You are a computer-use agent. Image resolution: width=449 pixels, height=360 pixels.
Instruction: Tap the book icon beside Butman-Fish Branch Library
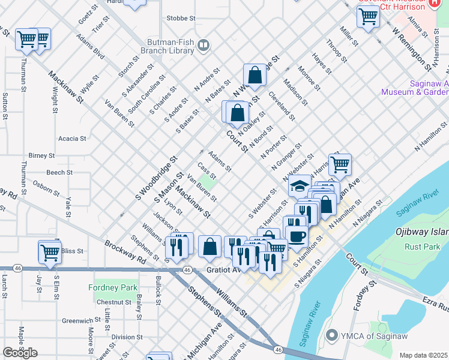[204, 44]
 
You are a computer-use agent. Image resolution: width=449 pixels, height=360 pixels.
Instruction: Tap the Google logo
[20, 353]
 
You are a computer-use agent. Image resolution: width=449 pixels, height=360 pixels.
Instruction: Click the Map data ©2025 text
[424, 355]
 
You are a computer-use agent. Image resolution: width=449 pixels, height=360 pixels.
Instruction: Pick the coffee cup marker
[296, 235]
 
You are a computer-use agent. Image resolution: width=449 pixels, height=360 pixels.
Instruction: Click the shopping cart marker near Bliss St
[49, 252]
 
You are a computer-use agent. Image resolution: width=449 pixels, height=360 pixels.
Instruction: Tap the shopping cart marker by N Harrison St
[340, 164]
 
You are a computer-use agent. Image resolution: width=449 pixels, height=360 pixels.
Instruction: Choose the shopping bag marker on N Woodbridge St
[255, 75]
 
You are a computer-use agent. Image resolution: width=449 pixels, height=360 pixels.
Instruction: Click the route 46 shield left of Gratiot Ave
[187, 271]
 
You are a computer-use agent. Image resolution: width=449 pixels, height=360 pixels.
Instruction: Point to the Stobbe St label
[181, 19]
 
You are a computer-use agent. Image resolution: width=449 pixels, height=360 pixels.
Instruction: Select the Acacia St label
[72, 139]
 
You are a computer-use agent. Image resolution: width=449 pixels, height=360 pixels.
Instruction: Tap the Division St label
[127, 337]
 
